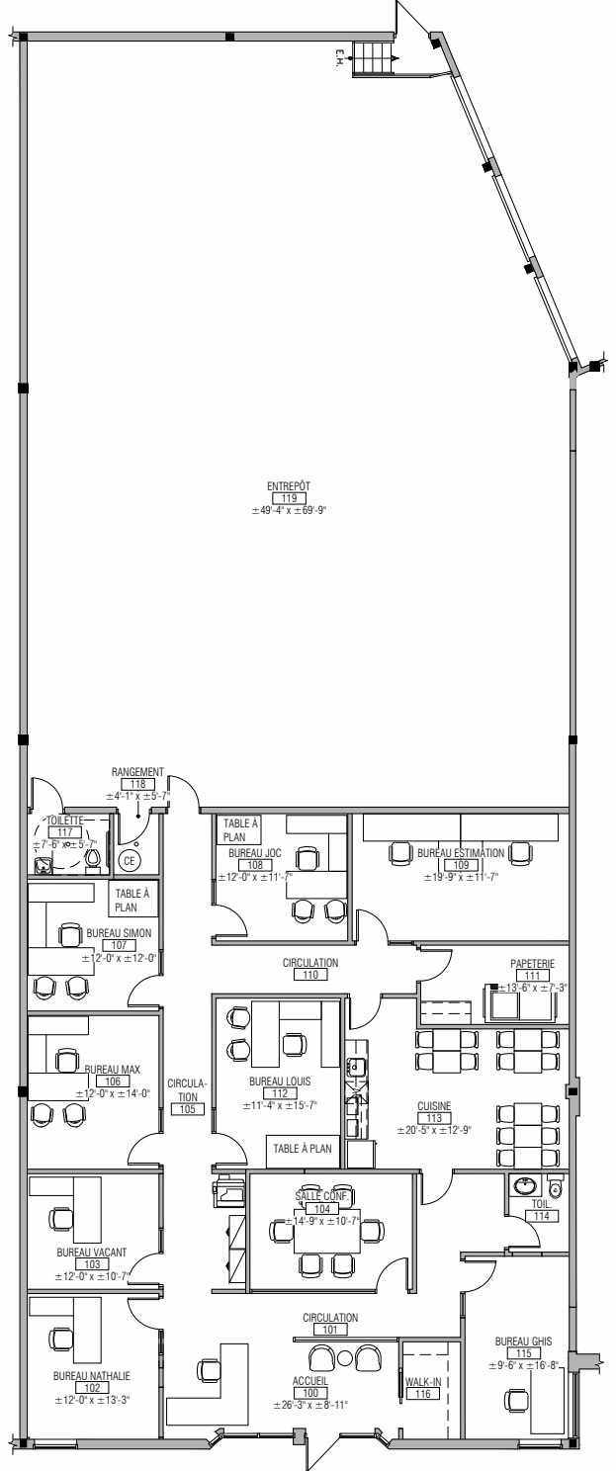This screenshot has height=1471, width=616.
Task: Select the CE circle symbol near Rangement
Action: [x=129, y=861]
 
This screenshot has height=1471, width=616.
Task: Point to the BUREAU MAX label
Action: [x=112, y=1070]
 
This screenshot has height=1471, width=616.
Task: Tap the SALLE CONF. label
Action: [x=317, y=1196]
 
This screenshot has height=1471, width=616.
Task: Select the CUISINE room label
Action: [x=433, y=1106]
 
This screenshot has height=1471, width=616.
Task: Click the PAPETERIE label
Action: [x=534, y=962]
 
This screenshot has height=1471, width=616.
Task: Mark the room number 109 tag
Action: [x=461, y=865]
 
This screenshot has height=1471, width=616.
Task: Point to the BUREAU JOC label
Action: [x=254, y=852]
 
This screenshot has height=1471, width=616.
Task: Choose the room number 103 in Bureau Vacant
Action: [x=92, y=1264]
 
